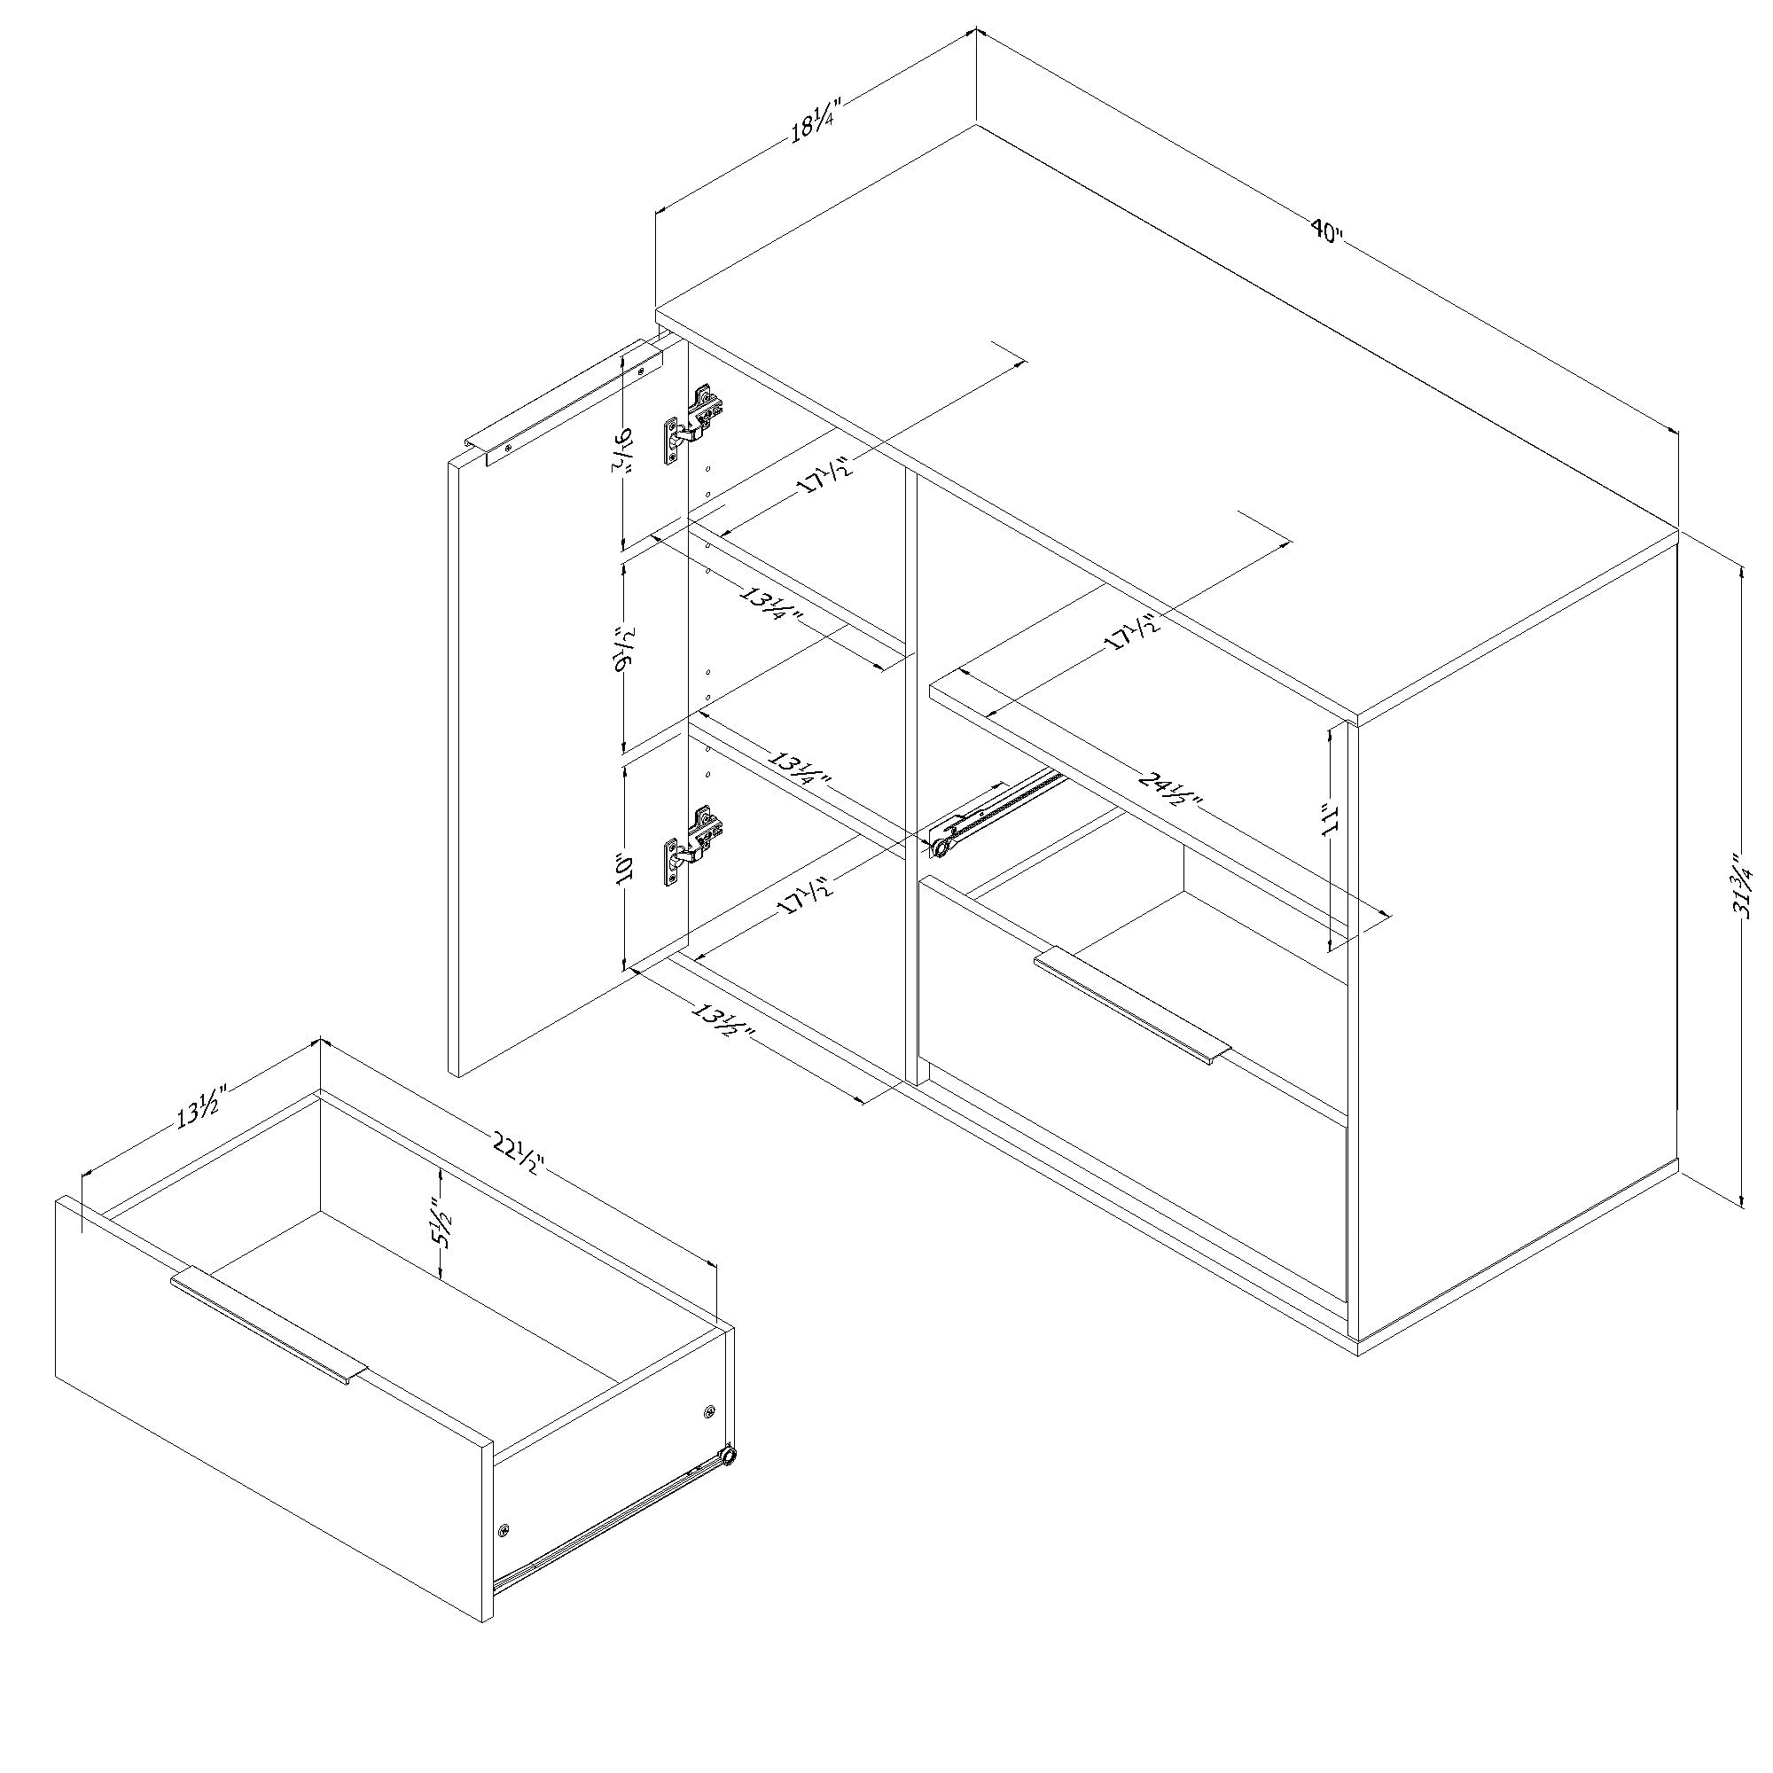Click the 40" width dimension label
tap(1325, 230)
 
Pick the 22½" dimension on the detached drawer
tap(518, 1154)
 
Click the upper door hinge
tap(694, 426)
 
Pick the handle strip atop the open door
tap(565, 405)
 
